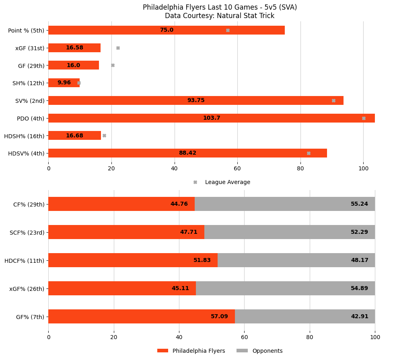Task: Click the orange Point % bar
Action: coord(121,30)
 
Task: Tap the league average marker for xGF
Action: coord(118,48)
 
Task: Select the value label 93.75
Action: coord(196,100)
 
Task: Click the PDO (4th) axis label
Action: coord(31,118)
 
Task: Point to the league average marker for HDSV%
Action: coord(309,153)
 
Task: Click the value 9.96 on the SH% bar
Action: coord(64,83)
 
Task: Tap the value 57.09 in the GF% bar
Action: coord(219,317)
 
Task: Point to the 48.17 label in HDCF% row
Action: coord(359,260)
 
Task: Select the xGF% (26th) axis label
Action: coord(27,288)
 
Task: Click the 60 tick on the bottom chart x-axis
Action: coord(244,337)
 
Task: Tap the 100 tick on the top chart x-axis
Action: coord(363,168)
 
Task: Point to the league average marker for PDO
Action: coord(364,118)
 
